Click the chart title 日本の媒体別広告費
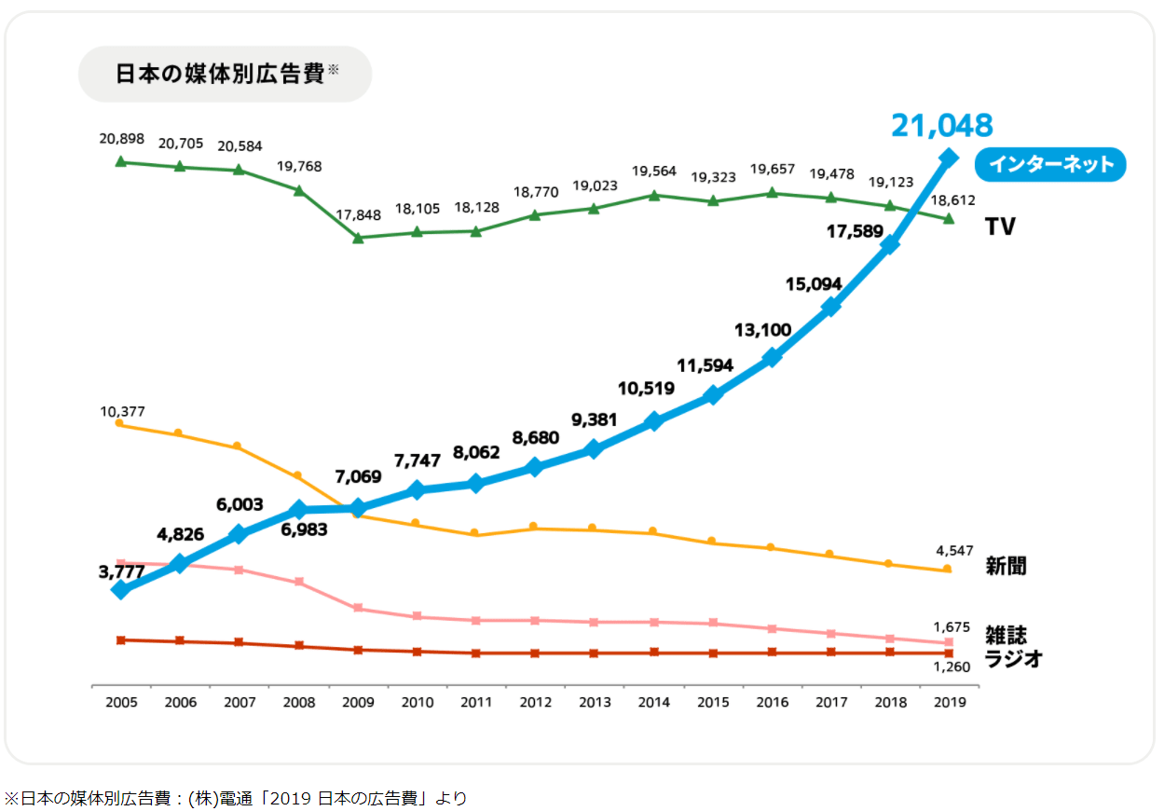219,74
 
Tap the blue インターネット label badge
1050,165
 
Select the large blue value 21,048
941,125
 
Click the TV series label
1000,227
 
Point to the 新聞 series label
1006,566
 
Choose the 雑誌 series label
1006,635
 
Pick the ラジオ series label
1013,659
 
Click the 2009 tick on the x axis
358,702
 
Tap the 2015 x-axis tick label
713,702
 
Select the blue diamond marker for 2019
949,158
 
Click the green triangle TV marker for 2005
120,161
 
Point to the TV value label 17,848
357,214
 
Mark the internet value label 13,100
762,329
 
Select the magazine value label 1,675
952,626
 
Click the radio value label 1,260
952,667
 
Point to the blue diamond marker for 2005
120,590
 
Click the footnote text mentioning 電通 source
235,798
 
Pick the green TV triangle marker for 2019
949,218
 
